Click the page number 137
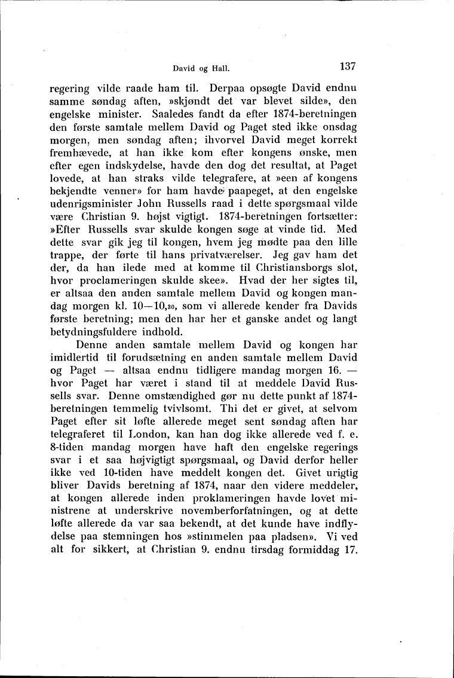346,66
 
